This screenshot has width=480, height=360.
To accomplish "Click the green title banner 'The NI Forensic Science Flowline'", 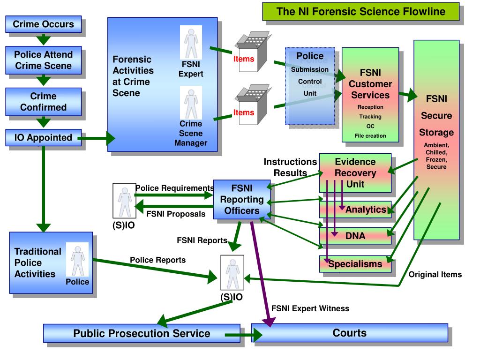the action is click(x=361, y=12).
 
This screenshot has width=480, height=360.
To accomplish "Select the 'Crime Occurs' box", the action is click(x=44, y=24).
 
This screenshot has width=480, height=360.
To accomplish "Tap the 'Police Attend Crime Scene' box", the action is click(x=44, y=60).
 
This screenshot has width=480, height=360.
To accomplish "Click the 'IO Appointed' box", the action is click(x=44, y=138).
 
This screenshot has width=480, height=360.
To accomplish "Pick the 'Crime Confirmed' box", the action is click(x=44, y=102).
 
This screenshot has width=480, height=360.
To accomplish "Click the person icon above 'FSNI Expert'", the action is click(x=191, y=42).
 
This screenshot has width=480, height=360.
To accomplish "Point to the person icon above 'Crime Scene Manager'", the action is click(x=191, y=103).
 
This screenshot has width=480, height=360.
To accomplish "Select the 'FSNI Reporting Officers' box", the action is click(x=242, y=200).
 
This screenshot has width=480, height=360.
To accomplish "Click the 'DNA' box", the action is click(x=355, y=236).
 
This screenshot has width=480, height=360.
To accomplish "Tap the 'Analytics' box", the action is click(x=355, y=210).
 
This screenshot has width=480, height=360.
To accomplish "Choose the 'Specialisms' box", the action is click(x=355, y=264).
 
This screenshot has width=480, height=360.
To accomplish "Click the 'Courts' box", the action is click(x=350, y=333).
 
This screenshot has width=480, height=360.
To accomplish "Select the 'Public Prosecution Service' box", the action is click(x=142, y=333).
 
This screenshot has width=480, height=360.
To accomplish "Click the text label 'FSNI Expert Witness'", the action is click(x=310, y=308).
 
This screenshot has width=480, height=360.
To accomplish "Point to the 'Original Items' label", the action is click(x=435, y=275).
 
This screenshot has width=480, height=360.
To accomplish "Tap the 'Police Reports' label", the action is click(x=158, y=260).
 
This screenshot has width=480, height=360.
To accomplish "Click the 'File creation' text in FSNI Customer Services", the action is click(x=370, y=135).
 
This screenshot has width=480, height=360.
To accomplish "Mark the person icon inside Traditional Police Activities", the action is click(x=78, y=260).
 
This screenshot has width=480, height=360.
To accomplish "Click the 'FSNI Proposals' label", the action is click(x=176, y=214).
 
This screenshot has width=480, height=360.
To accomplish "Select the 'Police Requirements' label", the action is click(x=174, y=188).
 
